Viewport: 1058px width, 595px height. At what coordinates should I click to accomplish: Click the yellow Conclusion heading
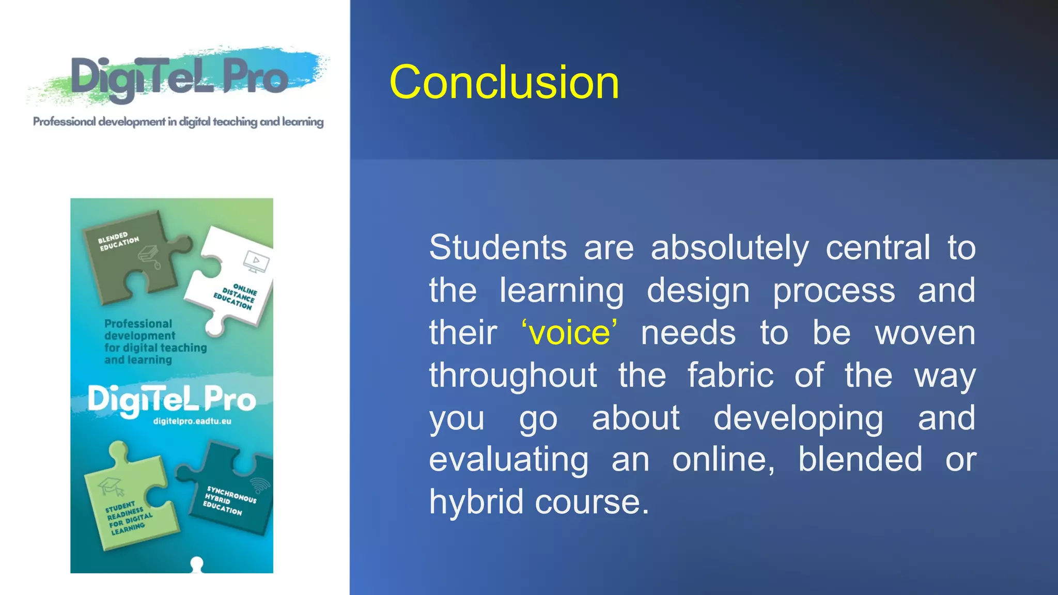pos(504,83)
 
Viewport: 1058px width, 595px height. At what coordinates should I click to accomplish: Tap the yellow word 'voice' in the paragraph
pos(569,333)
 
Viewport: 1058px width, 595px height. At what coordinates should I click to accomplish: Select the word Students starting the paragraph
pos(497,247)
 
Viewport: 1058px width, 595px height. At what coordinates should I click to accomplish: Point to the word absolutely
pos(729,248)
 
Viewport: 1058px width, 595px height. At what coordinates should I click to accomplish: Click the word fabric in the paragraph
pos(730,375)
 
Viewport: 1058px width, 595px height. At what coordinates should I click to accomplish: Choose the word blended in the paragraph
pos(860,459)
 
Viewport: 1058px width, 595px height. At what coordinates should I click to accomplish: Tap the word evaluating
pos(508,460)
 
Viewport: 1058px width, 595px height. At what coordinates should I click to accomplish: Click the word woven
pos(925,333)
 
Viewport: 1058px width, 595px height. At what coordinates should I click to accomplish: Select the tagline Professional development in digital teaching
pos(178,122)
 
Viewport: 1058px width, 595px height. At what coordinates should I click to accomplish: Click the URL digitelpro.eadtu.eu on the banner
pos(192,421)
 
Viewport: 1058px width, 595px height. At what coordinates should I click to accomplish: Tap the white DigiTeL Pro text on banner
pos(172,400)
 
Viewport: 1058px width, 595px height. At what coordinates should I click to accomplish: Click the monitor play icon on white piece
pos(256,261)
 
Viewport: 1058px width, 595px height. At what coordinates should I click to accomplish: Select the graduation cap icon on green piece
pos(111,486)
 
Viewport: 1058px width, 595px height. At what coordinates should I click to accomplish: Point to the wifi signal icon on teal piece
pos(260,486)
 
